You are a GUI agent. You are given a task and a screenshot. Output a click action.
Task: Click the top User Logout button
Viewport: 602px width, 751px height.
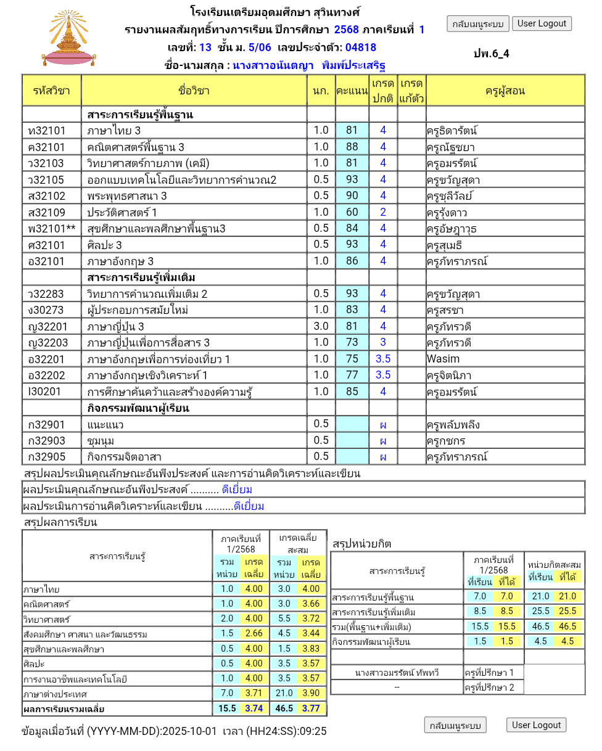542,23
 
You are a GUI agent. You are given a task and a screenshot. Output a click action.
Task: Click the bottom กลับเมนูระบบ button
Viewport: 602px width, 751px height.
455,725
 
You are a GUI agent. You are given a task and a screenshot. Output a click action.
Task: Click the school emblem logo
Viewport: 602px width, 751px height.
73,38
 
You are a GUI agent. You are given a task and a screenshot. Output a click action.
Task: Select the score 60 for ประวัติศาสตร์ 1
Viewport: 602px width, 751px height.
352,212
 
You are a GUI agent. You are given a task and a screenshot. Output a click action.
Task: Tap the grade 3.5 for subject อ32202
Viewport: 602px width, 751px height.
383,375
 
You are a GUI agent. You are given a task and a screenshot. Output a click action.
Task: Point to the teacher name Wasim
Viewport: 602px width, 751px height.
443,359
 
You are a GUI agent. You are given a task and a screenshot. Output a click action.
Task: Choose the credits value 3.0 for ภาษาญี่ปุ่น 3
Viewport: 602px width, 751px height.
321,326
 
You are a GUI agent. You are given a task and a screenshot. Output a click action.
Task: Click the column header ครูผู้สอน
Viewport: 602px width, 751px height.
505,91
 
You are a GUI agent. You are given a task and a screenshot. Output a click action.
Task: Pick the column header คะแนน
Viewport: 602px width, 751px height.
352,91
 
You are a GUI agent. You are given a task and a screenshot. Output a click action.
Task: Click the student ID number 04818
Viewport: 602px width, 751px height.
361,47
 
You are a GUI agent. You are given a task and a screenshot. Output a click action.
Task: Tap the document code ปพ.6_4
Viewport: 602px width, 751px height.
492,53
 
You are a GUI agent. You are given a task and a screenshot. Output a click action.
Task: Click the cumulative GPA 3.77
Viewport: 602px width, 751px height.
311,708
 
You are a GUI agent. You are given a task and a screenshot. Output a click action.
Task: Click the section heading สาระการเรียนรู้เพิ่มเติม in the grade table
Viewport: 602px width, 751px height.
141,277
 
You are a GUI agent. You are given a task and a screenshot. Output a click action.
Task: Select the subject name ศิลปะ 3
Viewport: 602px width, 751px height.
105,245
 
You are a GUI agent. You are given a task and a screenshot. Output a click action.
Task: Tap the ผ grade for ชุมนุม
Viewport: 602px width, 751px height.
383,441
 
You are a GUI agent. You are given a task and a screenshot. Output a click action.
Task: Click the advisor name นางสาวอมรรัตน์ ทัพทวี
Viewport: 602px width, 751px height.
397,672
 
